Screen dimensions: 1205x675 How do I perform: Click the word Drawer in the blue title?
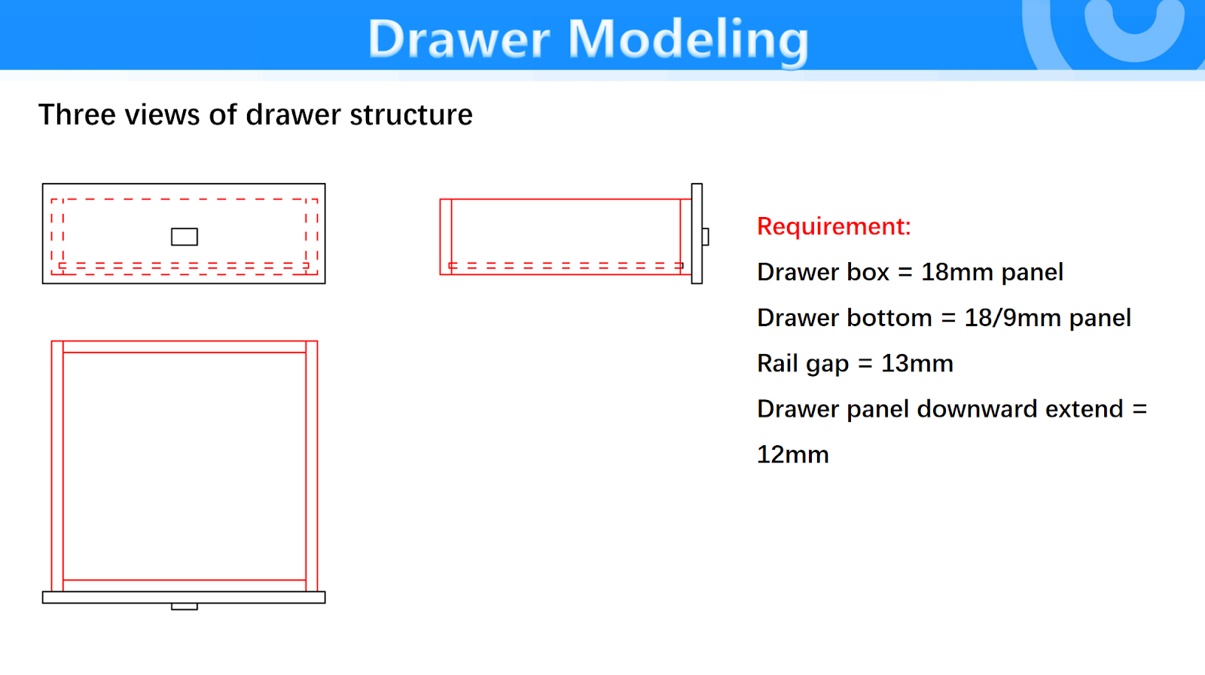tap(459, 38)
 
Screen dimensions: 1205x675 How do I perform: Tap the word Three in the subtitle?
tap(77, 115)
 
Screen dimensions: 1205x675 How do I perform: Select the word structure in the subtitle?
tap(411, 115)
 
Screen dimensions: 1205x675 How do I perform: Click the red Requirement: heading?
tap(834, 226)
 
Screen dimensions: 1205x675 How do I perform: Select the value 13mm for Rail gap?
tap(917, 364)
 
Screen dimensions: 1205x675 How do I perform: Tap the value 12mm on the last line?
tap(793, 455)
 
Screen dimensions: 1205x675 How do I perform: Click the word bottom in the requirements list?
tap(889, 318)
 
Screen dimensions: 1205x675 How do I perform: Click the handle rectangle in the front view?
tap(185, 237)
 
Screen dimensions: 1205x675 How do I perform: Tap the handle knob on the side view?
tap(705, 237)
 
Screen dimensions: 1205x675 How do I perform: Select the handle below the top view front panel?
tap(185, 606)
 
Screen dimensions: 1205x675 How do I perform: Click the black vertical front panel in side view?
tap(697, 234)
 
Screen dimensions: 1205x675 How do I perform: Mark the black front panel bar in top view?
tap(184, 597)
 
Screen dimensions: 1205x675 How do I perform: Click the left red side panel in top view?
tap(57, 466)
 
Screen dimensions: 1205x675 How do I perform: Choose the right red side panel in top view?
tap(312, 466)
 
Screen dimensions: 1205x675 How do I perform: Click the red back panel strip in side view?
tap(446, 237)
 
